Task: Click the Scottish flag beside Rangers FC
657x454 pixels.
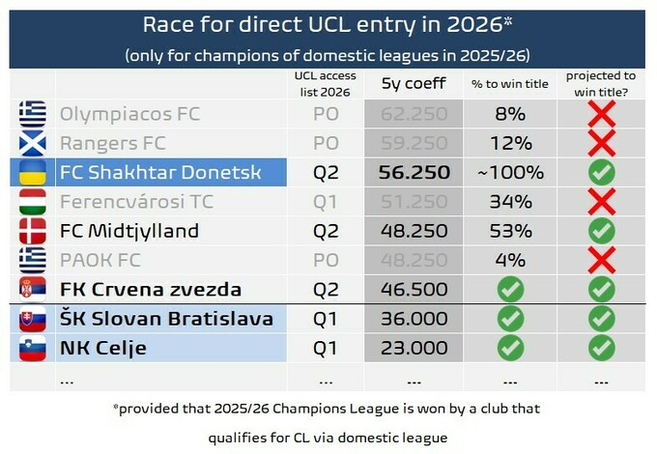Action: coord(32,143)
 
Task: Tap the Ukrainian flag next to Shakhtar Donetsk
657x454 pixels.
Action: coord(32,173)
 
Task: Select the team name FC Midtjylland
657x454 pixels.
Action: coord(129,231)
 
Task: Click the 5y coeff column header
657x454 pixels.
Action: coord(414,83)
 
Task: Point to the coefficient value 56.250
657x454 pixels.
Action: coord(414,173)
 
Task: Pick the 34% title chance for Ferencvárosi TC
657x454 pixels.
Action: coord(511,202)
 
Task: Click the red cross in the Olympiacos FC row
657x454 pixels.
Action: coord(602,114)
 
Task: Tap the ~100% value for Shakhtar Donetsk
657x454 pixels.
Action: coord(510,173)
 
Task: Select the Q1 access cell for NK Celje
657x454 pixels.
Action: coord(326,349)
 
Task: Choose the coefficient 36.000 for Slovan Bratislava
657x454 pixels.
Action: coord(414,319)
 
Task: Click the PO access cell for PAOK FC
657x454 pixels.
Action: coord(326,261)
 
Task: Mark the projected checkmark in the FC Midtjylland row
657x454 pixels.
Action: coord(602,231)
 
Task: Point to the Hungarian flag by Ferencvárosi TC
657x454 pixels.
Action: coord(32,202)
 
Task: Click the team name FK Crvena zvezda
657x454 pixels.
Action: coord(151,290)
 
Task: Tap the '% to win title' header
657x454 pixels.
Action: coord(510,84)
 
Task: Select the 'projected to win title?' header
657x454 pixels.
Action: coord(601,84)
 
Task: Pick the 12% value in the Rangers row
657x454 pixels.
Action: coord(511,143)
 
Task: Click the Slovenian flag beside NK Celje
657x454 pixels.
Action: coord(32,349)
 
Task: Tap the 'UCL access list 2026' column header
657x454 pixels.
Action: coord(326,84)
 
